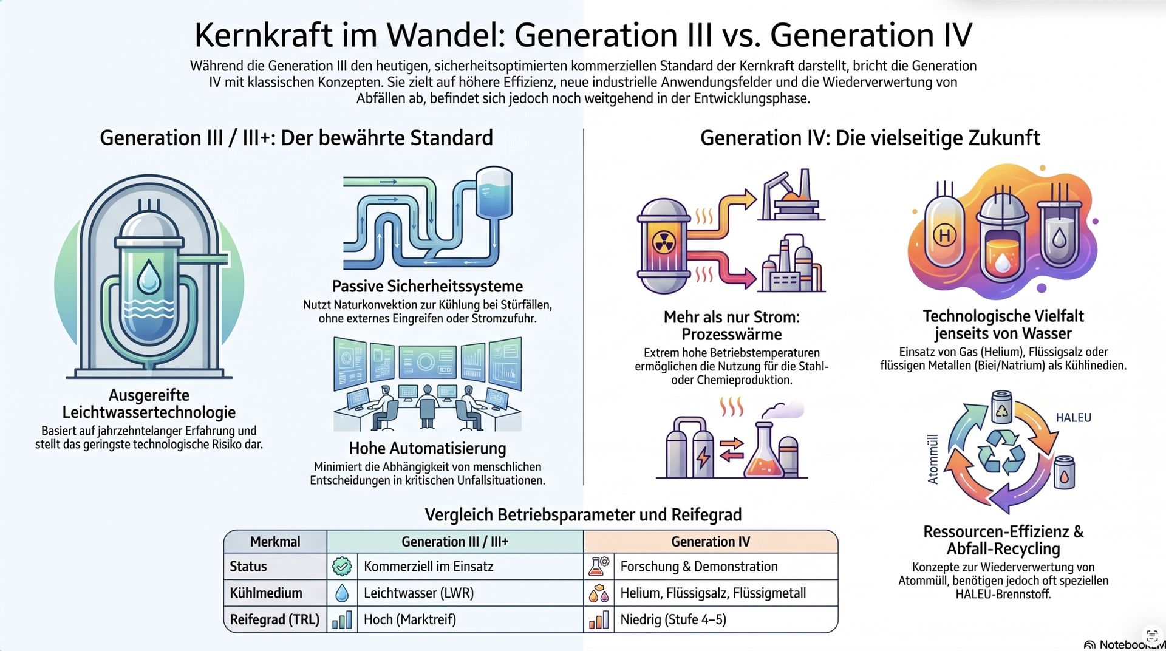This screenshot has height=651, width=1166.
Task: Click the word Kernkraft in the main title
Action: (264, 35)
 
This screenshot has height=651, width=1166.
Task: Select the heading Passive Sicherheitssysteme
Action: (428, 286)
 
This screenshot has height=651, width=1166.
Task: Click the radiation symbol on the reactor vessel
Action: (664, 243)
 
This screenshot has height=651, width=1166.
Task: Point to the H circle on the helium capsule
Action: (944, 235)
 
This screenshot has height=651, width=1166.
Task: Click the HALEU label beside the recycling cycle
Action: (1073, 418)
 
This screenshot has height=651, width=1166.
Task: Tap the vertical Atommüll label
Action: (933, 459)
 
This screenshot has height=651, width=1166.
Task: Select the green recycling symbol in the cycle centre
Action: (1001, 452)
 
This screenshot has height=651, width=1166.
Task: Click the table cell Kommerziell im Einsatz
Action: (429, 567)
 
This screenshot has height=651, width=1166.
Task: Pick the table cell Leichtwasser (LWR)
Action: (418, 593)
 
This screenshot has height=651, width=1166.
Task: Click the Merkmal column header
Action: (275, 542)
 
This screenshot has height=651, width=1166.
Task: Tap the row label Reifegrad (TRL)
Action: (274, 619)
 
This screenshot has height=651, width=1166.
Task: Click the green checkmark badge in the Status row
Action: (342, 567)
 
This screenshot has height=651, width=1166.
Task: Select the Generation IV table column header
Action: (711, 542)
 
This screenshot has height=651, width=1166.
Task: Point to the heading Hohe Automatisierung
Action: (428, 448)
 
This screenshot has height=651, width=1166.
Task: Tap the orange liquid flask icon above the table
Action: (767, 452)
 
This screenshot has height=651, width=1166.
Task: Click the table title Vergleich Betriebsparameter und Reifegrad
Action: (583, 515)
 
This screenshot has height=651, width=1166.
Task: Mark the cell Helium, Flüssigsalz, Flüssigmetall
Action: (713, 593)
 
